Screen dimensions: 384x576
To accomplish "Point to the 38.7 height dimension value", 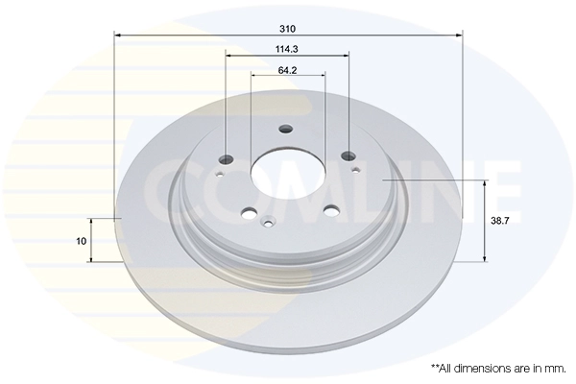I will click(499, 220).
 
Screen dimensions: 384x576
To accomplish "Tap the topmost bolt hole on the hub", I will click(285, 130).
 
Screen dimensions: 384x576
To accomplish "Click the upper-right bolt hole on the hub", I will click(348, 154).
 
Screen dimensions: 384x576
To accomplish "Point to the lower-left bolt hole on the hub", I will click(250, 214).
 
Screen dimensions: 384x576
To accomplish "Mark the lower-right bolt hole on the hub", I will click(331, 211).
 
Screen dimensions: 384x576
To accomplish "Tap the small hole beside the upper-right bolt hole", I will click(356, 170).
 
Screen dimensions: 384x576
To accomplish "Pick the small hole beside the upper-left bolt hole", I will click(220, 174).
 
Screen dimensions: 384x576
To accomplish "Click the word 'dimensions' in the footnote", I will click(482, 368).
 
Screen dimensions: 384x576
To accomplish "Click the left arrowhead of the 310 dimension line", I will click(118, 36).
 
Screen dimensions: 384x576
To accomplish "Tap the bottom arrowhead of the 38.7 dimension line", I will click(485, 258).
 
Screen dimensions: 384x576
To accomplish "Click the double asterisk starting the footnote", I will click(435, 366).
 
